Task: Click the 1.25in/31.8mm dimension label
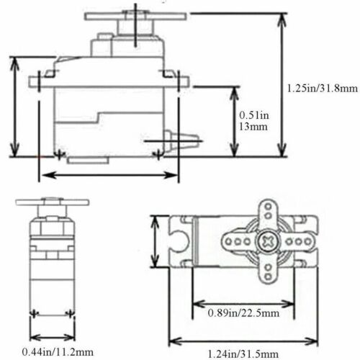(x=323, y=89)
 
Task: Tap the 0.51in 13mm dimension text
(x=254, y=121)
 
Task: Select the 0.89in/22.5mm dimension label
(x=243, y=313)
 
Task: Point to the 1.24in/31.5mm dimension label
(x=243, y=354)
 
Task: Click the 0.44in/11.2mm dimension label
(x=58, y=352)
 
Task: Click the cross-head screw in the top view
(x=268, y=241)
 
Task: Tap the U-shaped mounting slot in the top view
(x=180, y=241)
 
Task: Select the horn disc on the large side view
(x=135, y=16)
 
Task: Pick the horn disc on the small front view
(x=53, y=202)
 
